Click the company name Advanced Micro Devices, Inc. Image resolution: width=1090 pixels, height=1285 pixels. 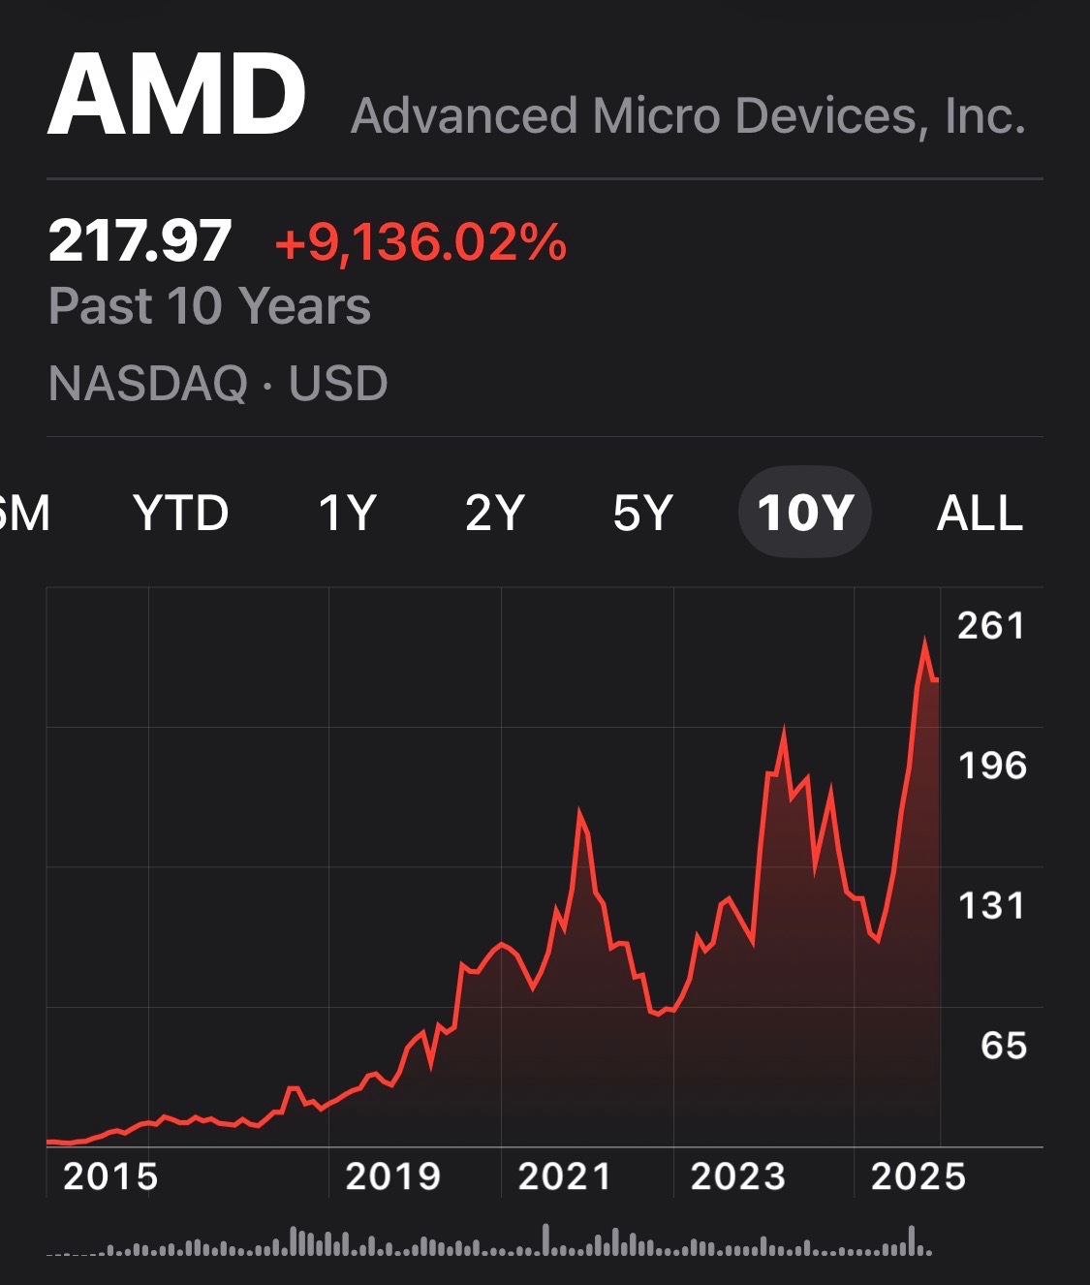688,116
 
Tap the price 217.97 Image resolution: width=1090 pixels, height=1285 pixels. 140,240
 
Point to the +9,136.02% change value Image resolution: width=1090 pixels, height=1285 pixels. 420,241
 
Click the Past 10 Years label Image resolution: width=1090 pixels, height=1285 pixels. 209,306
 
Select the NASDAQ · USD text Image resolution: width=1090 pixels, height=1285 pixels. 218,384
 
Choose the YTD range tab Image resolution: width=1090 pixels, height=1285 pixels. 181,513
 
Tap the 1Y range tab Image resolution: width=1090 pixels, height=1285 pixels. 347,513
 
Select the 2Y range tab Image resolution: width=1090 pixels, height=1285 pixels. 494,513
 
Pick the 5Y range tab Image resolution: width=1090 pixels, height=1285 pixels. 642,513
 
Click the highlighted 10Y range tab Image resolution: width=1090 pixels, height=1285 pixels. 805,513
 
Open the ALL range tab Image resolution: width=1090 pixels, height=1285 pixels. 980,513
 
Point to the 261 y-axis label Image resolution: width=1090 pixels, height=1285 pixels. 991,626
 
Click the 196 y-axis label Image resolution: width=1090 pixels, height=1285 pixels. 991,767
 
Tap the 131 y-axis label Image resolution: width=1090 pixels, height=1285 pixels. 991,906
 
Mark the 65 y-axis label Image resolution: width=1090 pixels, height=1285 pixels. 1003,1046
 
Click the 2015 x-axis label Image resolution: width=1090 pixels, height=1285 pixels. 109,1176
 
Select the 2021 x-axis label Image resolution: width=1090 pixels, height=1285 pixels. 565,1176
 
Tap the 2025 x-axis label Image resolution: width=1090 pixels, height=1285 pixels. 919,1176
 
